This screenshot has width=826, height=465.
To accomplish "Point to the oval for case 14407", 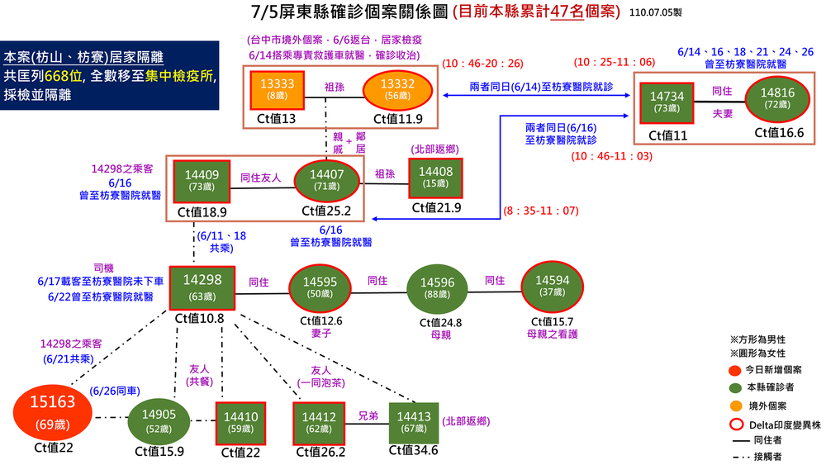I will pyautogui.click(x=328, y=181).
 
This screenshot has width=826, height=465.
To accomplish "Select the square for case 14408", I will pyautogui.click(x=436, y=178).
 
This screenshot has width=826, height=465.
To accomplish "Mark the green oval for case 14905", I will pyautogui.click(x=159, y=421).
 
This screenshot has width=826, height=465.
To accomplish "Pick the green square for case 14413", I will pyautogui.click(x=413, y=422).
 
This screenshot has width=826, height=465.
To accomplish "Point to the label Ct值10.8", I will pyautogui.click(x=201, y=318).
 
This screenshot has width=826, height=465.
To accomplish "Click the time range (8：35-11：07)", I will pyautogui.click(x=540, y=212).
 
